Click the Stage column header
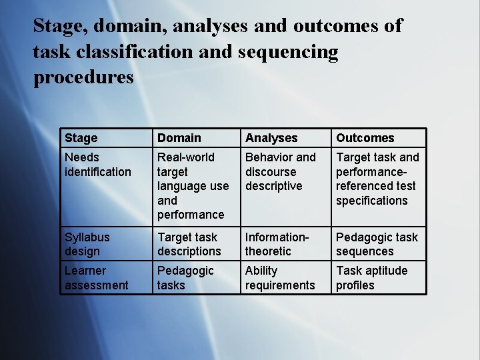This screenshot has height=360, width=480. [x=81, y=138]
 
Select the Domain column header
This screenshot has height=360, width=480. [x=179, y=138]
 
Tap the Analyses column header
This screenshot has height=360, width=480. [x=271, y=138]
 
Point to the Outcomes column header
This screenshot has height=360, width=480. [x=365, y=138]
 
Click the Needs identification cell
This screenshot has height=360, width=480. [x=98, y=165]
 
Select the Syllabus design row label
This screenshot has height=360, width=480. [x=87, y=244]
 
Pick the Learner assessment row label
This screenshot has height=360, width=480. [x=96, y=278]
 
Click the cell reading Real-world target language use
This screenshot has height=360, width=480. [x=193, y=185]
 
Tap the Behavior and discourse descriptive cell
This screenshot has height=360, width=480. [x=280, y=171]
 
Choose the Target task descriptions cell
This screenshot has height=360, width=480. [x=189, y=244]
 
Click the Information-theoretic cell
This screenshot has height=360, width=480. [x=277, y=244]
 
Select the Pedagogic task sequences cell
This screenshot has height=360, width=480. [x=377, y=244]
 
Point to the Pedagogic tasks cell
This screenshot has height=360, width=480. [x=185, y=278]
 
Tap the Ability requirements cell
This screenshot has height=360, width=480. [x=279, y=278]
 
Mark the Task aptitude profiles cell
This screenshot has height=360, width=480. [x=371, y=278]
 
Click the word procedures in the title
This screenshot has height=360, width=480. [x=83, y=77]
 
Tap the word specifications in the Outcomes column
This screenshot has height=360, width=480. [x=371, y=200]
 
